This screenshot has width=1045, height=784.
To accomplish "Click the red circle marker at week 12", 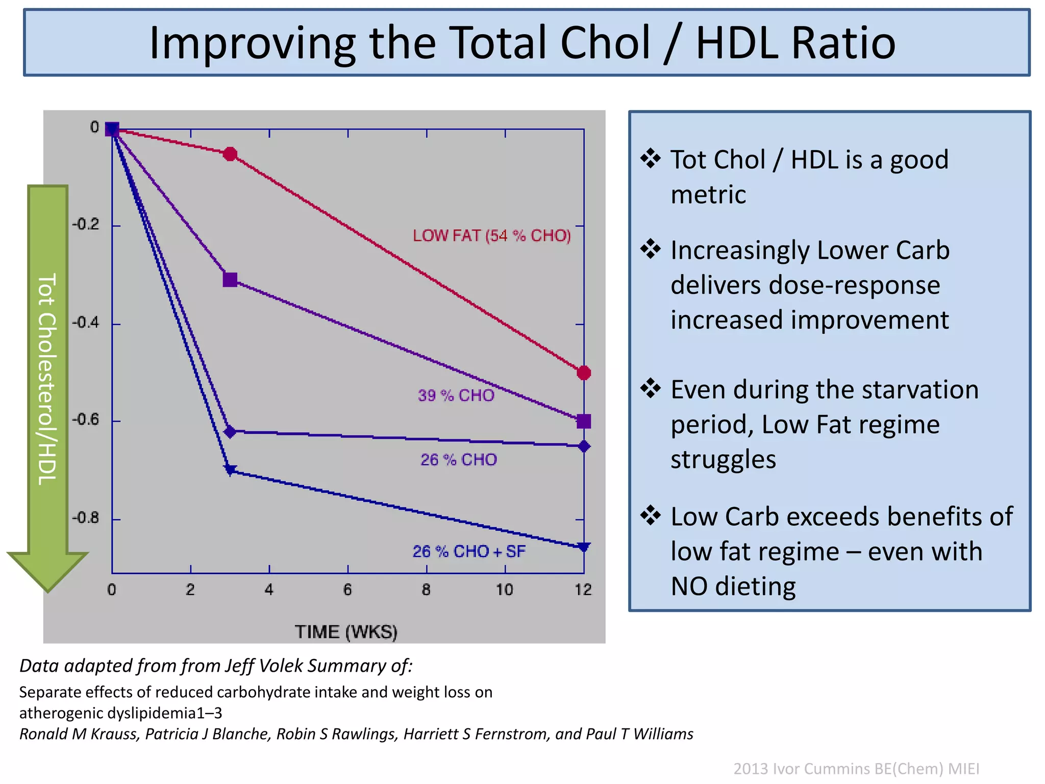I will tap(584, 373).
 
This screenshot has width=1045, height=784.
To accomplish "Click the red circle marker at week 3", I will tap(230, 154).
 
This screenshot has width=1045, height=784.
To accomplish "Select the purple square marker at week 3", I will tap(230, 280).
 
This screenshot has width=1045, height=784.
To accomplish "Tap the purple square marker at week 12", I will tap(584, 421).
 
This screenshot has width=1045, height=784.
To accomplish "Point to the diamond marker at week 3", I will tap(230, 432).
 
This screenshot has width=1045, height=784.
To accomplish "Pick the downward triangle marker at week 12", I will tap(584, 547).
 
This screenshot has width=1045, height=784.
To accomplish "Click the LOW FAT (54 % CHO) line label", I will tap(491, 236).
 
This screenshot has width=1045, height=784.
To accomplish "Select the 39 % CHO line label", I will tap(456, 396).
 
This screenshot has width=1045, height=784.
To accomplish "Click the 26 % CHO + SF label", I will tap(468, 551).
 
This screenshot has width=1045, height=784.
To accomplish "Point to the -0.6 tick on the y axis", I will tap(85, 420).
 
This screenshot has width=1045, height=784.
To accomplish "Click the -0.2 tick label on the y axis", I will tap(85, 224).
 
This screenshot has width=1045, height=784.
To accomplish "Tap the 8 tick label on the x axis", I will tap(426, 590).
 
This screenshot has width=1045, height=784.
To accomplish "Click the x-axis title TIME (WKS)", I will tap(346, 632).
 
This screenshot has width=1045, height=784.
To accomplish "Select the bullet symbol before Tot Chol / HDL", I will tap(651, 158).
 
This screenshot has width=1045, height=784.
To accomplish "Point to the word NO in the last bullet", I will tap(688, 586).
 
